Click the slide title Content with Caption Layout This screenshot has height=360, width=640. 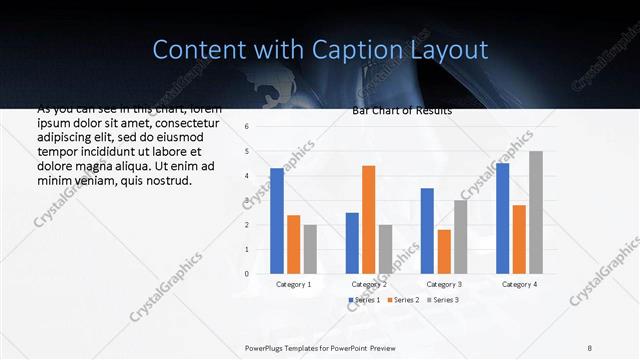(x=320, y=49)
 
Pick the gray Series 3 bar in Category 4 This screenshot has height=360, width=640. (x=536, y=212)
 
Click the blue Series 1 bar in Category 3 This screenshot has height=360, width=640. (x=427, y=230)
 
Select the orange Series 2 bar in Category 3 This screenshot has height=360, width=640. (x=444, y=251)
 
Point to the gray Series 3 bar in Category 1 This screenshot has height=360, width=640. (x=310, y=248)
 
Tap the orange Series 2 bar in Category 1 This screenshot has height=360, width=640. (x=293, y=244)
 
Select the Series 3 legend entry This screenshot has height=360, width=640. (x=442, y=300)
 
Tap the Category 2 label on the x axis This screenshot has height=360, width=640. (x=368, y=284)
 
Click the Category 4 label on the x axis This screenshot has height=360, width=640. (x=519, y=284)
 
